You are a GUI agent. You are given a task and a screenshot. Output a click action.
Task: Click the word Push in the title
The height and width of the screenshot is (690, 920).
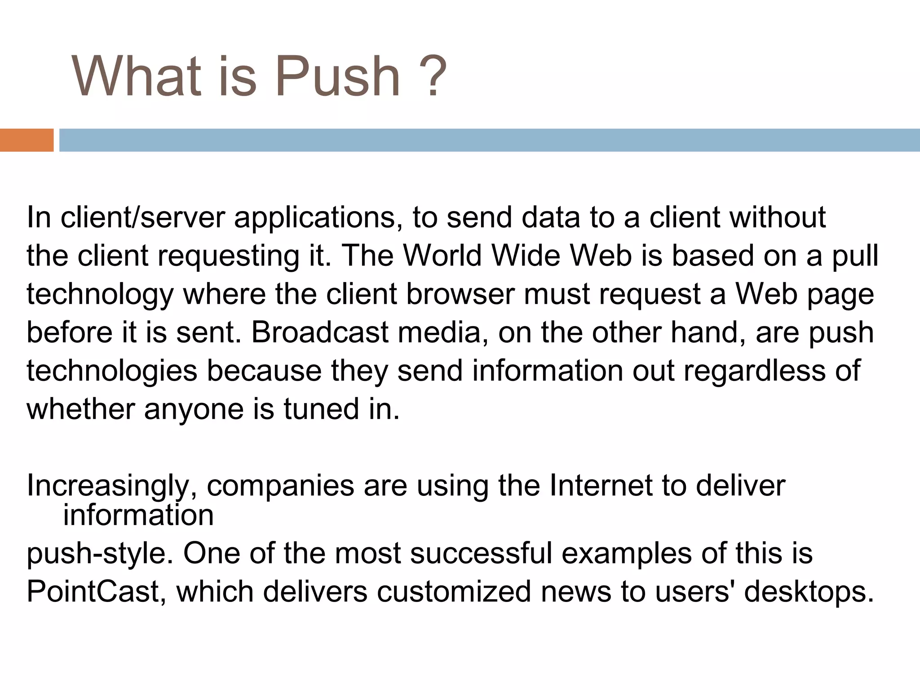point(337,76)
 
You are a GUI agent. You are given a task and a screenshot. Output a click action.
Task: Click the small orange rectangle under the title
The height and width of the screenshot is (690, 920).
point(27,140)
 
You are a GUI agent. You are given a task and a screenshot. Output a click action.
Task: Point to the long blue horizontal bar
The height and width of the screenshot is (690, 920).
point(489,140)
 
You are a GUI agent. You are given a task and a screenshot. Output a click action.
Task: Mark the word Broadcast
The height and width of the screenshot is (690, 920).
point(319,333)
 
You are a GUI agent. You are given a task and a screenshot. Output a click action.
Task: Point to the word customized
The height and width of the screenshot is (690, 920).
point(454,592)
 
